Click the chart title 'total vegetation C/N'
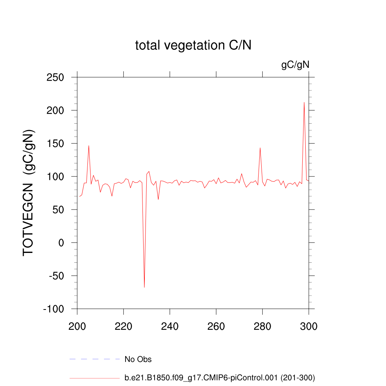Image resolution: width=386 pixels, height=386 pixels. (193, 46)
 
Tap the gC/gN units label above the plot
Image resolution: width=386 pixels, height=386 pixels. (295, 65)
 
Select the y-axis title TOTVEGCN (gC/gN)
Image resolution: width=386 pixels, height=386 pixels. (29, 193)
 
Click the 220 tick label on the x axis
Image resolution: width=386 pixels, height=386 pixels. (123, 326)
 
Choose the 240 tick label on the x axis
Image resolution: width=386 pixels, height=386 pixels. (170, 326)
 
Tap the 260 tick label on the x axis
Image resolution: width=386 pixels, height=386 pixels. (216, 326)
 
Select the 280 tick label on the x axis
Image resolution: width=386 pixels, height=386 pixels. (262, 326)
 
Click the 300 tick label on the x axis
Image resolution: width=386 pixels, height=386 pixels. (309, 326)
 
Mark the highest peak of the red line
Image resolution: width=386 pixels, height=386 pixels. (304, 103)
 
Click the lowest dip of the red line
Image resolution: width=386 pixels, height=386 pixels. (144, 287)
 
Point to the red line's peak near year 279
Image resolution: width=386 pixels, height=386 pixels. (260, 148)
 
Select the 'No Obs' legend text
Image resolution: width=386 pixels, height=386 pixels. (138, 359)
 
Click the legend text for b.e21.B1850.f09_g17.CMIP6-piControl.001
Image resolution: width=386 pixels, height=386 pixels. (219, 377)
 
